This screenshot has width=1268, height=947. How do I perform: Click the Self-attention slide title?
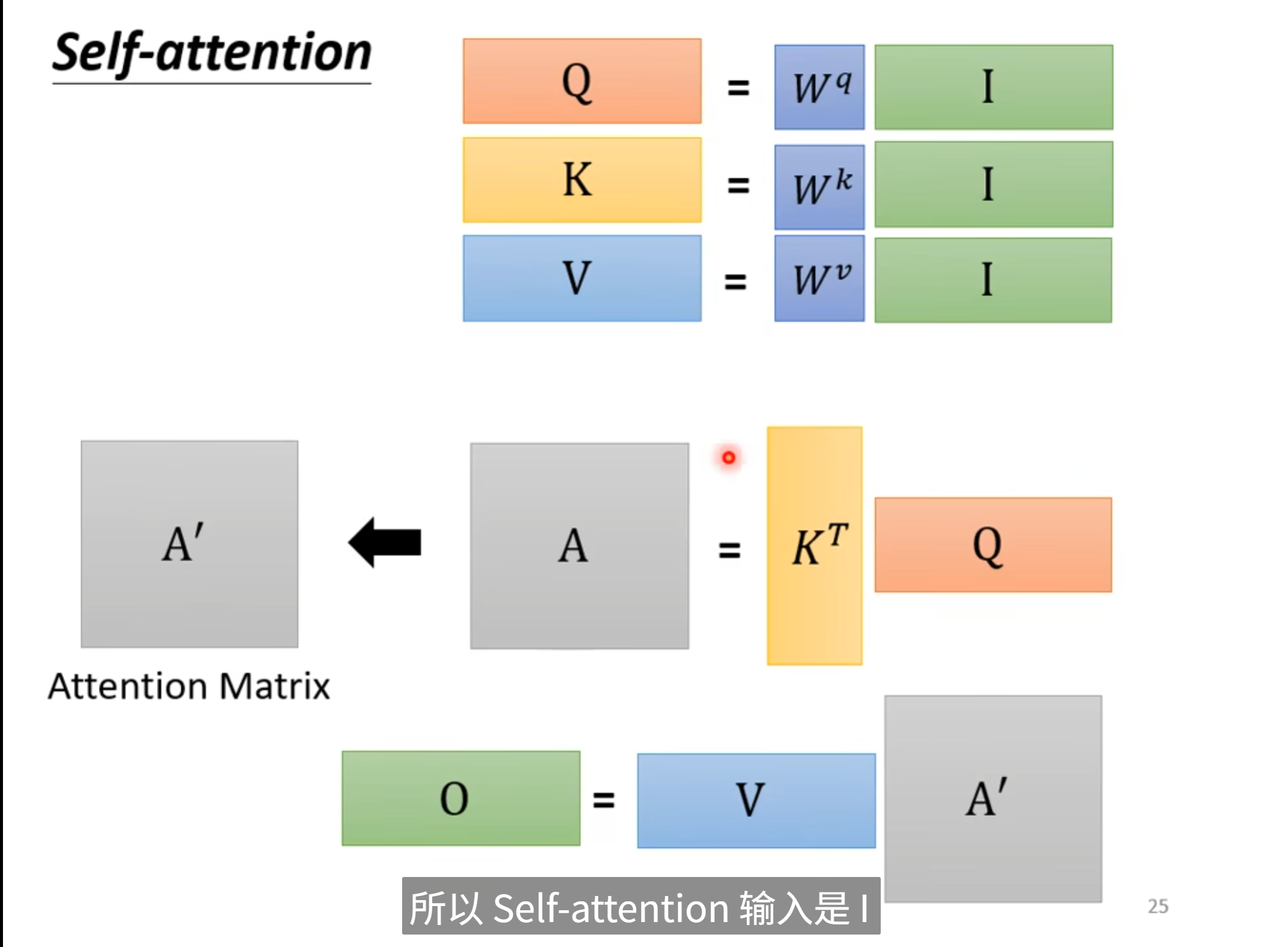click(x=212, y=53)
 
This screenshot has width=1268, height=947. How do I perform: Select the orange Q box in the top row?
click(x=582, y=81)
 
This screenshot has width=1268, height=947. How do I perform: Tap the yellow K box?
click(x=582, y=180)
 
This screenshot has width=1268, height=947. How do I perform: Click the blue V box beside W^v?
click(x=582, y=278)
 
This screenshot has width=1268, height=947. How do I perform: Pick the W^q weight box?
click(x=819, y=87)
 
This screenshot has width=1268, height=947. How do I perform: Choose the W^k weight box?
click(x=819, y=187)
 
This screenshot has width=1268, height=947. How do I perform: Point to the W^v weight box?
click(x=819, y=278)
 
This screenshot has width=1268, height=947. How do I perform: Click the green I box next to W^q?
click(x=993, y=87)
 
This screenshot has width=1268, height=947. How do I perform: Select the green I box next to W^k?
click(x=993, y=185)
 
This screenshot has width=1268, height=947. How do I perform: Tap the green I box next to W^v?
click(x=993, y=280)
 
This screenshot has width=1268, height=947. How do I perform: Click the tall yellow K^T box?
click(x=814, y=545)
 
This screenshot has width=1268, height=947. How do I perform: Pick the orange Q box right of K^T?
click(x=993, y=545)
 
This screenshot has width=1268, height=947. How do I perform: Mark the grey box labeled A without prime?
click(x=579, y=546)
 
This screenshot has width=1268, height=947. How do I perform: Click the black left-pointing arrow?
click(x=386, y=542)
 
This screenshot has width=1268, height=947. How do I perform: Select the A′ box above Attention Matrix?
click(x=189, y=544)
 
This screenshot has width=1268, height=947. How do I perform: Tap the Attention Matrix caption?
click(x=189, y=687)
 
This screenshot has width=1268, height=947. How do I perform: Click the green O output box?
click(x=461, y=798)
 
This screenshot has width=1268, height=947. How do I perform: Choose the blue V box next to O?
click(x=756, y=800)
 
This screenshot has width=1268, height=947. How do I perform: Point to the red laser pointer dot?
click(x=729, y=457)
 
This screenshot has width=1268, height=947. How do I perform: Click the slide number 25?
click(x=1158, y=906)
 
